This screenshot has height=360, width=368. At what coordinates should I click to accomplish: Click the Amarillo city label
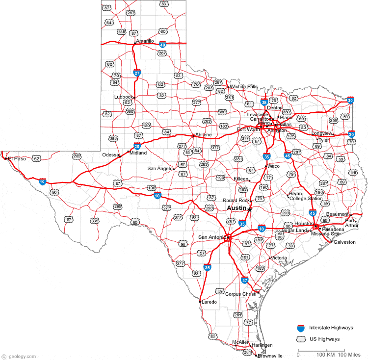coord(145,41)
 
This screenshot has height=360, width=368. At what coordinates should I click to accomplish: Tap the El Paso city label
coord(17,158)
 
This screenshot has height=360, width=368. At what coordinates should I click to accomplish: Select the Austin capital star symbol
coord(250,209)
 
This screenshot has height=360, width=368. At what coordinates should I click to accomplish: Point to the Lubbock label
coord(123,97)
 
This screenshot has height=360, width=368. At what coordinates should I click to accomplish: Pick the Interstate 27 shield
coord(137,73)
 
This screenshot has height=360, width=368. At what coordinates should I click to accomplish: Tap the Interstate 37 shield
coord(245,280)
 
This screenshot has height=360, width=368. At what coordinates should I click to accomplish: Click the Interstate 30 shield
coord(350,101)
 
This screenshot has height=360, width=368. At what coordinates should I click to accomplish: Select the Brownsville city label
coord(271,356)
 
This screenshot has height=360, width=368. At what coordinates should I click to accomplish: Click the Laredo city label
coord(209,302)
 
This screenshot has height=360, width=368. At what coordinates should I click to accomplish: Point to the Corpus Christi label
coord(240,294)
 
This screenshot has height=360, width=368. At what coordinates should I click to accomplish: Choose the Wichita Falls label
coord(243,87)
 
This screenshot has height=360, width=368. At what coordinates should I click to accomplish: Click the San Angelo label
coord(160,169)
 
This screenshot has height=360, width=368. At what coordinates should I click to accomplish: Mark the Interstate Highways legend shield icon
coord(301,327)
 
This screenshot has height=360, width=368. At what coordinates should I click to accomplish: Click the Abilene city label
coord(203,135)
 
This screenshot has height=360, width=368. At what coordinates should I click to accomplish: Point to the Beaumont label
coord(337,214)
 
